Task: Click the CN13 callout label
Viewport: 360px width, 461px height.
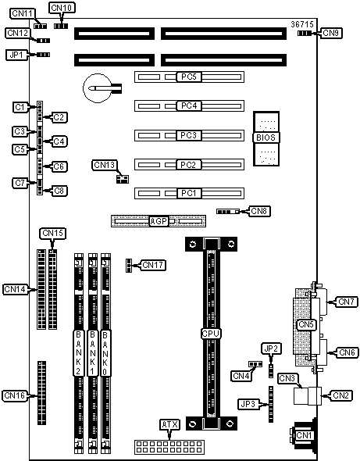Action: (x=105, y=165)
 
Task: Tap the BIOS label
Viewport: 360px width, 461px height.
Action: (x=266, y=138)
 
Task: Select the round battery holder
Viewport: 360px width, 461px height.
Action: (x=98, y=88)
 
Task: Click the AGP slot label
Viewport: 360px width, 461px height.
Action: (x=159, y=221)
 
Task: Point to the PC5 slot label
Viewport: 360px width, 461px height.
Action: (x=189, y=77)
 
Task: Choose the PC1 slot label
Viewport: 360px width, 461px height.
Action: (x=189, y=193)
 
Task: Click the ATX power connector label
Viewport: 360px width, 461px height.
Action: (x=169, y=424)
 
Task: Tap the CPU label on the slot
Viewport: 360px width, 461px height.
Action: (x=211, y=334)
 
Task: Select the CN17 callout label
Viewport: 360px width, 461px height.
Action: (x=153, y=265)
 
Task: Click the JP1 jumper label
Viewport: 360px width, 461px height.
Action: (x=16, y=55)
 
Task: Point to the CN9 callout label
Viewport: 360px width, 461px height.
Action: (x=331, y=33)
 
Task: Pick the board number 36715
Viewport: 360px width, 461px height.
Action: (x=302, y=24)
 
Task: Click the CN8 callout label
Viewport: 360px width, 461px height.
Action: (x=259, y=211)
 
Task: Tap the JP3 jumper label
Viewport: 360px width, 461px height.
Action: (x=248, y=404)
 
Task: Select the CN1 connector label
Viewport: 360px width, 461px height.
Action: (x=304, y=435)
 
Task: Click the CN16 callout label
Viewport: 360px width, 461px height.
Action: (x=14, y=395)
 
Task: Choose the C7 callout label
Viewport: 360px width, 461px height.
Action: (x=20, y=183)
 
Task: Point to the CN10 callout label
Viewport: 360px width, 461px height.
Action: (x=62, y=8)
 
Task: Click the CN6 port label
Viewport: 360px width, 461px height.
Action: (x=347, y=352)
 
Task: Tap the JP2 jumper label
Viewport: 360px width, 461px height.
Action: (x=271, y=348)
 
